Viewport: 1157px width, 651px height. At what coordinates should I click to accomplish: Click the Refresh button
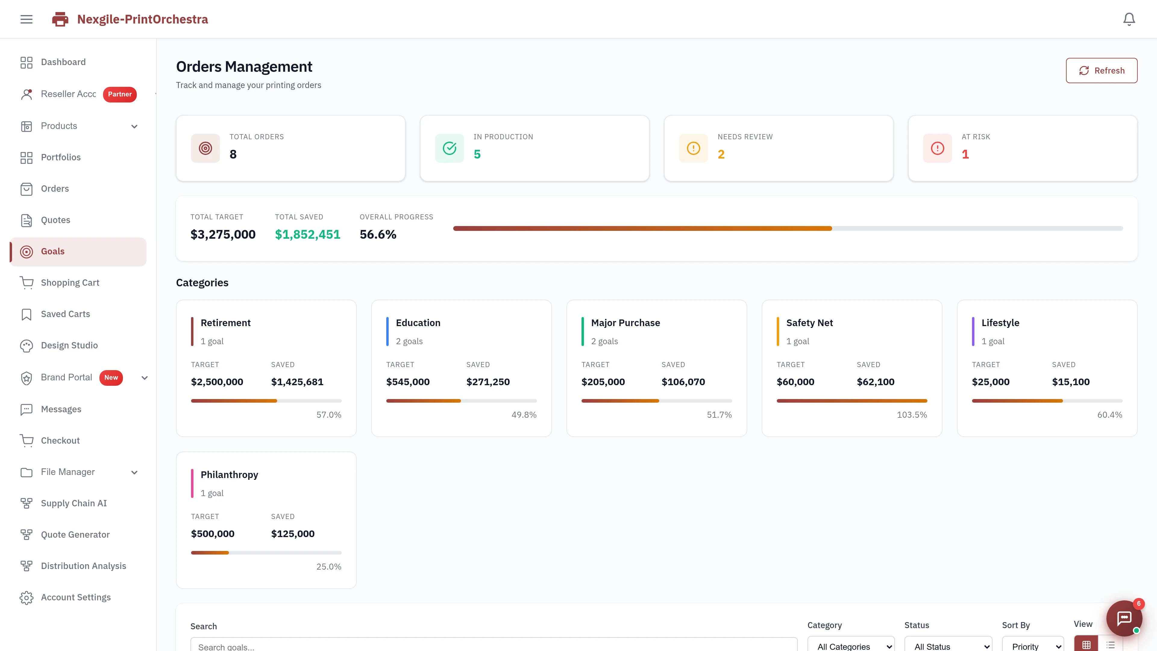click(x=1101, y=71)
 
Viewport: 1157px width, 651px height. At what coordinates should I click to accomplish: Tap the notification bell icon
click(x=1129, y=19)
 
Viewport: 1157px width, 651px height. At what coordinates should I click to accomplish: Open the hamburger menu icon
click(x=27, y=19)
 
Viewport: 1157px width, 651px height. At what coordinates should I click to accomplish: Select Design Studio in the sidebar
click(x=69, y=345)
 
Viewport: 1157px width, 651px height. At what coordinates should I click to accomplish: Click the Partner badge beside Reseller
click(x=120, y=94)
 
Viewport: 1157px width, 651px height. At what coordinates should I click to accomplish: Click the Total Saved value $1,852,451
click(x=308, y=234)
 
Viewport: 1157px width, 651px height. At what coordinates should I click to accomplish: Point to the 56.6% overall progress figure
click(x=378, y=234)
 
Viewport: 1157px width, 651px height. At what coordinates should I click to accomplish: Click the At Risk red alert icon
click(x=937, y=148)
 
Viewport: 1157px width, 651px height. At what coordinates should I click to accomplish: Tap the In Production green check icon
click(x=449, y=148)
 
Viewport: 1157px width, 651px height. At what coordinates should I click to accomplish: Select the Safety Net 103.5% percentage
click(x=912, y=415)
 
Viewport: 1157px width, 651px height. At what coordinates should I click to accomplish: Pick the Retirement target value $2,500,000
click(x=217, y=382)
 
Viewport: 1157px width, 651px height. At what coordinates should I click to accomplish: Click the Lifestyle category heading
click(x=1000, y=323)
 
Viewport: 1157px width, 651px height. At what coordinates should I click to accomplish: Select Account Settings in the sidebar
click(x=75, y=598)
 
